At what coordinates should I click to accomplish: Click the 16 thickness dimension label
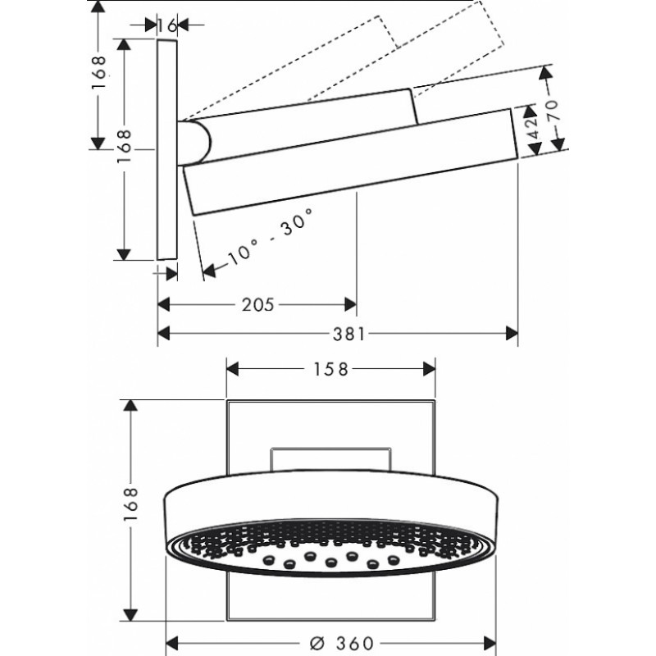pos(167,26)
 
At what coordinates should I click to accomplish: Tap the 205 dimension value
pos(257,304)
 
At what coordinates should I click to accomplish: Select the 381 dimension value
pos(349,334)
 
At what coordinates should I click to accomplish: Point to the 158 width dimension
pos(330,369)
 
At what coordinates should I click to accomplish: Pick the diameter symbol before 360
pos(318,644)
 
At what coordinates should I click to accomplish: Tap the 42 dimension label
pos(533,129)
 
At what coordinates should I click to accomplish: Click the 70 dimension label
pos(552,111)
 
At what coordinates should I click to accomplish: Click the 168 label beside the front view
pos(130,504)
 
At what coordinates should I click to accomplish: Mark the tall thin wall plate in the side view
pos(167,149)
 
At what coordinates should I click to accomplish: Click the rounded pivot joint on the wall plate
pos(194,142)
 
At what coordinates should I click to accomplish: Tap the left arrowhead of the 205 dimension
pos(163,304)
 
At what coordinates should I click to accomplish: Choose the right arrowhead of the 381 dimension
pos(512,334)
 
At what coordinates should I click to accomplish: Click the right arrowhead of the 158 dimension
pos(429,369)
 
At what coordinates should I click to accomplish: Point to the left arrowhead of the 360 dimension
pos(172,644)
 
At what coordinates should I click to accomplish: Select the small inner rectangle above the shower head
pos(330,460)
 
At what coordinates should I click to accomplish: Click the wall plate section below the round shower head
pos(331,596)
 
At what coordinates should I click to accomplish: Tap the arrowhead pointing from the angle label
pos(209,271)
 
